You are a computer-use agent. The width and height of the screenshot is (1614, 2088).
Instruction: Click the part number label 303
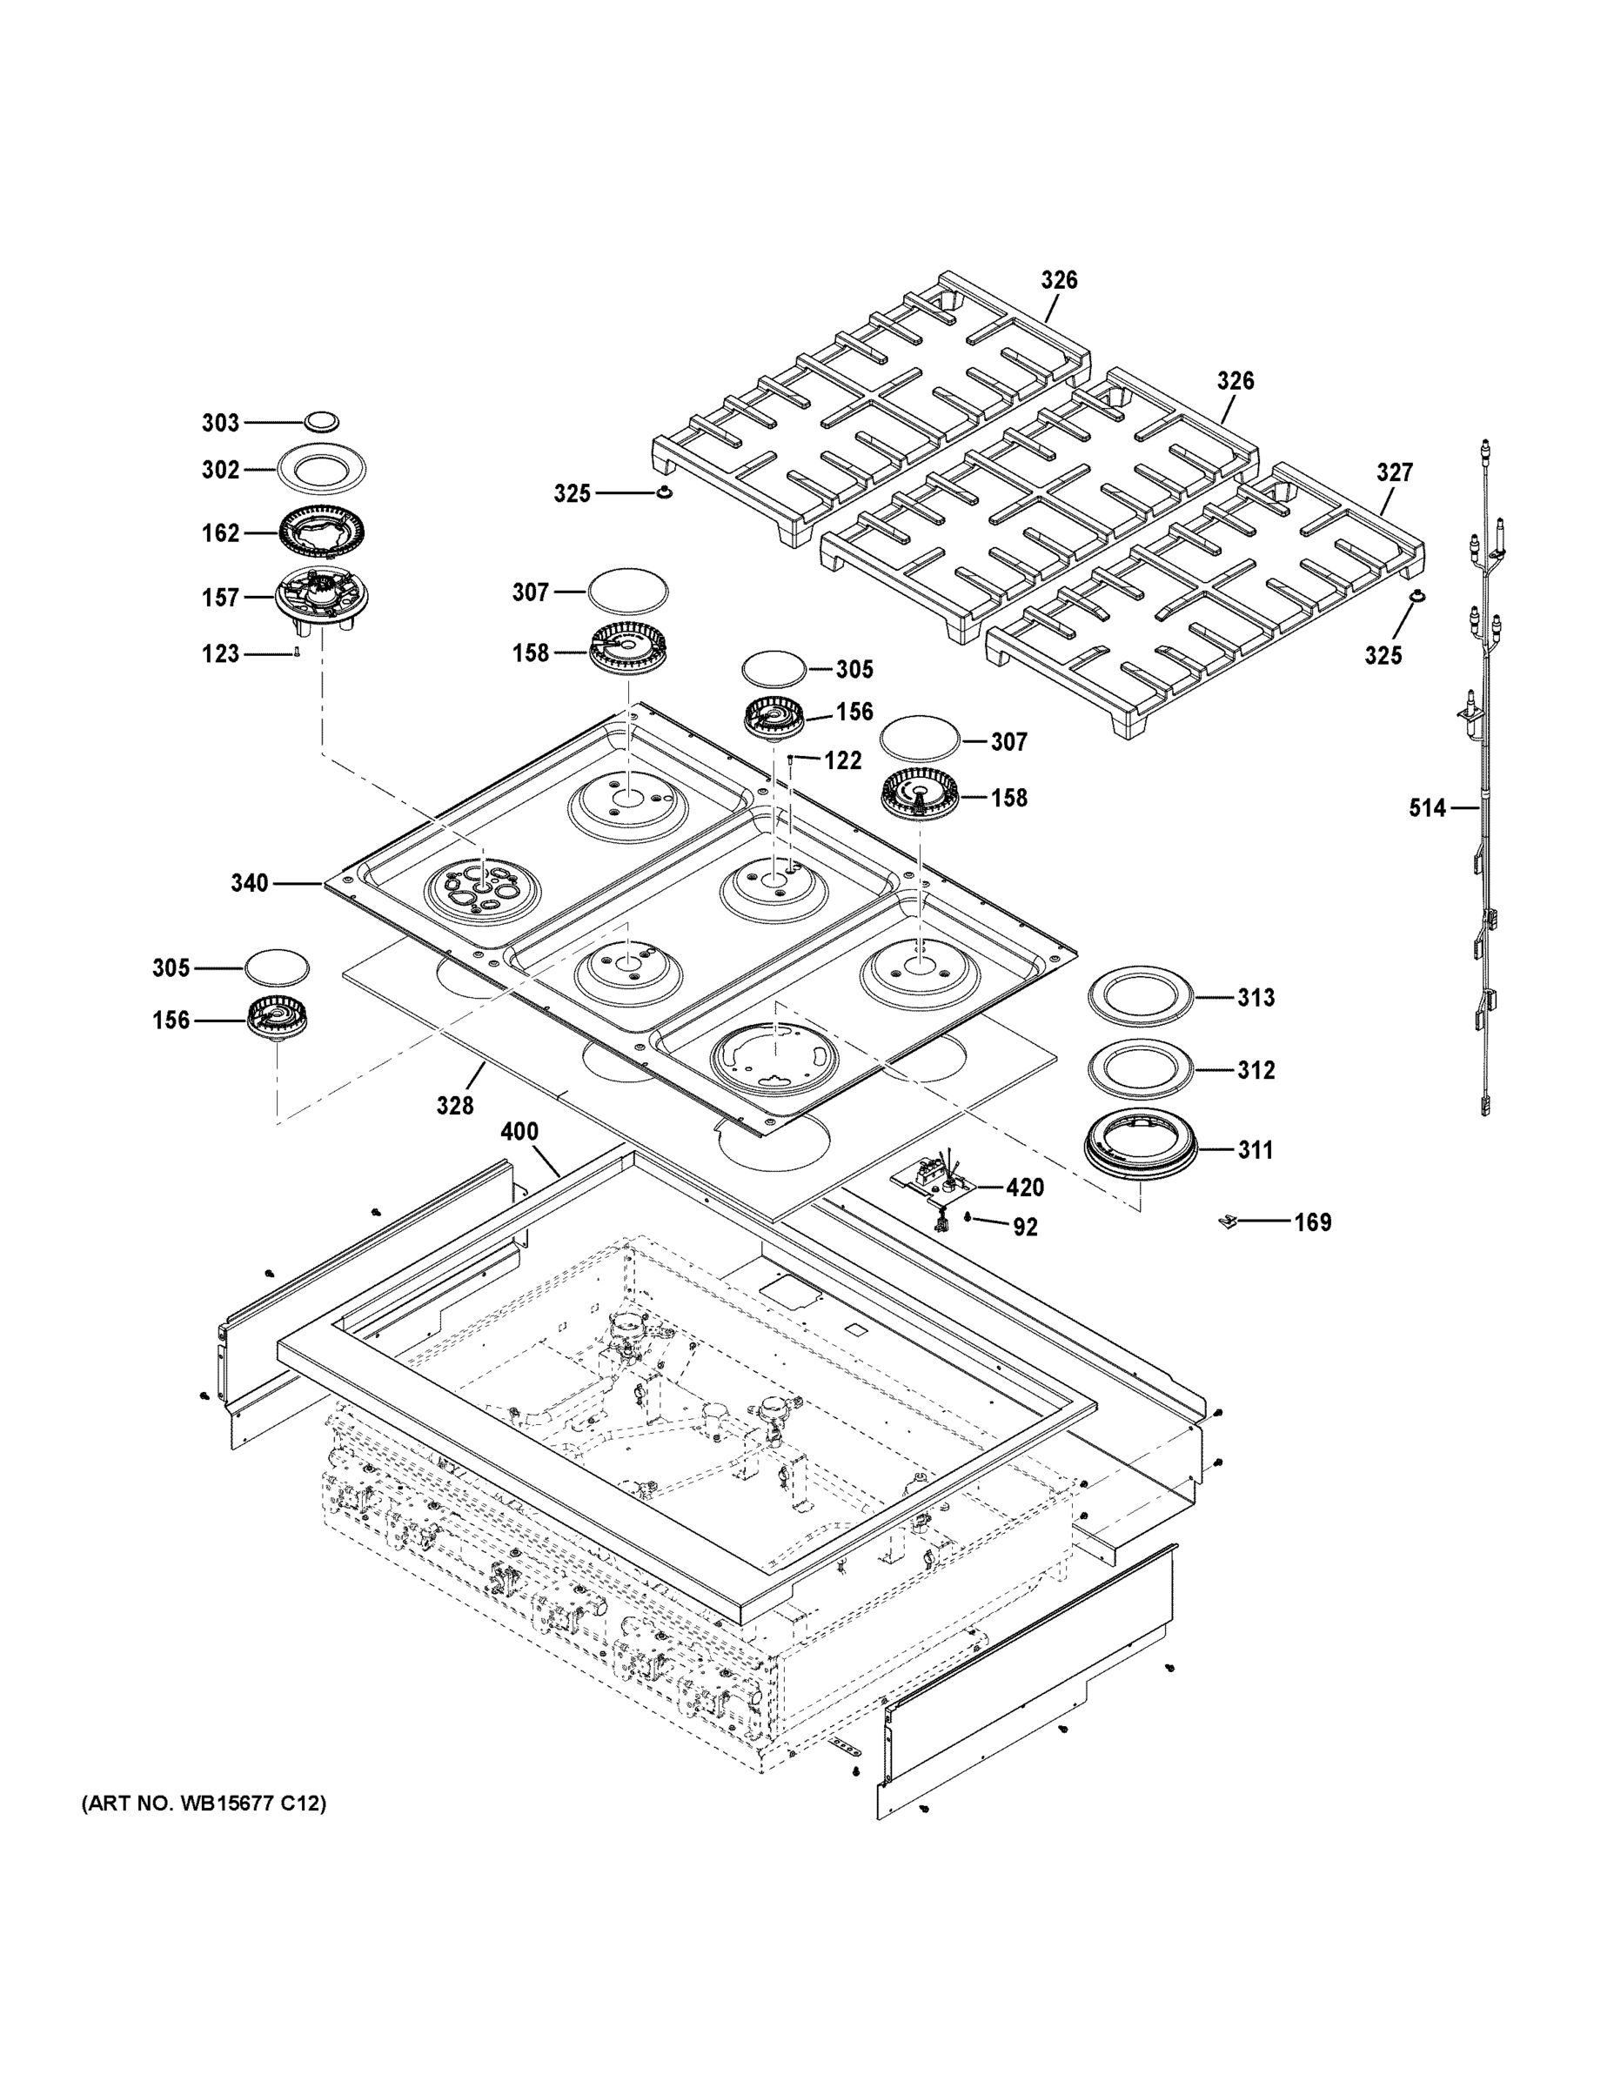coord(220,423)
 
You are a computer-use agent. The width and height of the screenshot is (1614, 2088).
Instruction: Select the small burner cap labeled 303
coord(322,421)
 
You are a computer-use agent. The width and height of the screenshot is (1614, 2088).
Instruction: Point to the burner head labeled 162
coord(322,532)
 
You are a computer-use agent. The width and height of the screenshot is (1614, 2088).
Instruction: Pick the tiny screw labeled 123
coord(298,653)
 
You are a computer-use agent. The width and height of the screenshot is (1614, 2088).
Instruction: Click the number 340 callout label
coord(250,883)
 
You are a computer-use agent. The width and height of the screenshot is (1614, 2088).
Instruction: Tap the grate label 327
coord(1394,472)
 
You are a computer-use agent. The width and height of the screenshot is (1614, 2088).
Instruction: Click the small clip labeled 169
coord(1229,1221)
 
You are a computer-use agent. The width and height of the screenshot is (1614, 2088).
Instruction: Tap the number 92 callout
coord(1025,1228)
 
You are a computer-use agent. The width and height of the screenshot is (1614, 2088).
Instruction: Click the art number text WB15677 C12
coord(204,1804)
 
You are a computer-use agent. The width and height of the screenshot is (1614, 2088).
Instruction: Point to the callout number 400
coord(519,1132)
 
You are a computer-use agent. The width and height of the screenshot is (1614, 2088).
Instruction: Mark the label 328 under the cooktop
coord(455,1105)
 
